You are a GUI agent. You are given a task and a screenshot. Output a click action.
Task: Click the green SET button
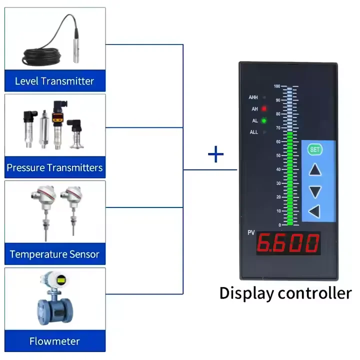pos(314,149)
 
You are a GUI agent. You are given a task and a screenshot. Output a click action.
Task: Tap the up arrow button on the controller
pos(314,170)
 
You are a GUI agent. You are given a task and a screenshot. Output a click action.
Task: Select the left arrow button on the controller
pos(314,211)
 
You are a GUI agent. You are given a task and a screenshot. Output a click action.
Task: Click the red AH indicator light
pos(264,108)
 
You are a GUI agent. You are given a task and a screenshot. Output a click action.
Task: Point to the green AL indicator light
pos(264,120)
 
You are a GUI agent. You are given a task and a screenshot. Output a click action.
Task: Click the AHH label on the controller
pos(253,97)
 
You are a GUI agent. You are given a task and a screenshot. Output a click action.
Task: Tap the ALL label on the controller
pos(253,132)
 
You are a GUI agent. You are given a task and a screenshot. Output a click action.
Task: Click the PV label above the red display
pos(251,233)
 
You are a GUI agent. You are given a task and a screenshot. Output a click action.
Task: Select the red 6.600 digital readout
pos(288,243)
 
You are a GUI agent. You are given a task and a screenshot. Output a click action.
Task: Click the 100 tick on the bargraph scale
pos(276,86)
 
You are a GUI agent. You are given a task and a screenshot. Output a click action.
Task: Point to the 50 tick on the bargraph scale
pos(277,155)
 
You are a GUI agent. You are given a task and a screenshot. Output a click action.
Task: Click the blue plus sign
pos(215,155)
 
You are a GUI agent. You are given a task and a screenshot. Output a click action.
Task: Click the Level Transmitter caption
pos(54,81)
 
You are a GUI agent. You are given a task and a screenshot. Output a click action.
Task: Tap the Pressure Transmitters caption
pos(54,167)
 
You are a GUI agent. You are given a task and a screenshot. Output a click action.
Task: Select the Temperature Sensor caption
pos(54,254)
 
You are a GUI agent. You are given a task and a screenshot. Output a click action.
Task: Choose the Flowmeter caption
pos(54,341)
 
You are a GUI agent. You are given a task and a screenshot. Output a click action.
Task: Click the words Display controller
pos(285,292)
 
